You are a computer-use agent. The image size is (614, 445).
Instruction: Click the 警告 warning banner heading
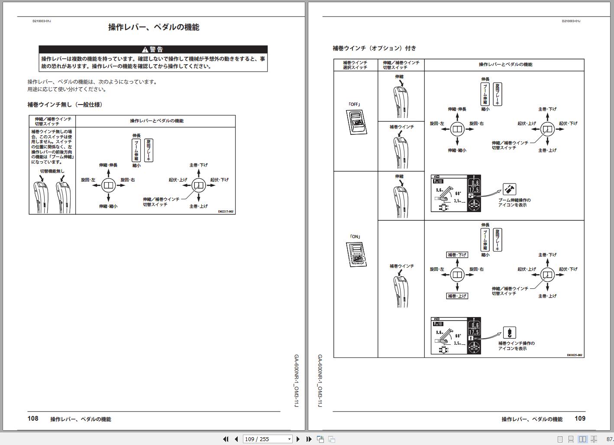pos(153,49)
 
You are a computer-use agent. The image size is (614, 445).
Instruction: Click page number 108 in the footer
pos(33,419)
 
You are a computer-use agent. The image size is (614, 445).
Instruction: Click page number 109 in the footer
pos(580,419)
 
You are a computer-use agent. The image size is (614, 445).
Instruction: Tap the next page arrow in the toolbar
pos(298,439)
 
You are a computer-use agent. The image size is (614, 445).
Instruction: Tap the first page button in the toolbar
pos(226,439)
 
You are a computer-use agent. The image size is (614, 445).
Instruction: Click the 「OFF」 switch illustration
pos(356,122)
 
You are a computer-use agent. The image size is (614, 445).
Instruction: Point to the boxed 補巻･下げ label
pos(457,255)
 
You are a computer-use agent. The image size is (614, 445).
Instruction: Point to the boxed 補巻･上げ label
pos(457,296)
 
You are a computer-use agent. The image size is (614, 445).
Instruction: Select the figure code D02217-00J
pos(226,212)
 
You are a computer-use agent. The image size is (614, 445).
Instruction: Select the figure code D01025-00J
pos(575,355)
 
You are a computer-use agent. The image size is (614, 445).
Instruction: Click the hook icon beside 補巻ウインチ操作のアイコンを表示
pos(509,333)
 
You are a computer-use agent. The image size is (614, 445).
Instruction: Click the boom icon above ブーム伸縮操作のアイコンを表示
pos(509,190)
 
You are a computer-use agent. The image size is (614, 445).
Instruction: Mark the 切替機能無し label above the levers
pos(52,171)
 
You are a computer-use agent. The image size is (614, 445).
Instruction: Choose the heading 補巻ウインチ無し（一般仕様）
pos(65,105)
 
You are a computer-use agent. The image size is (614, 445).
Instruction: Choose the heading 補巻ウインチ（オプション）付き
pos(374,48)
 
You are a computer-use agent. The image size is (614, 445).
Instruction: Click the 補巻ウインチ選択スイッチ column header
pos(355,65)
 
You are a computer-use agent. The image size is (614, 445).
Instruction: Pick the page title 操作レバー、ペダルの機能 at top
pos(154,27)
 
